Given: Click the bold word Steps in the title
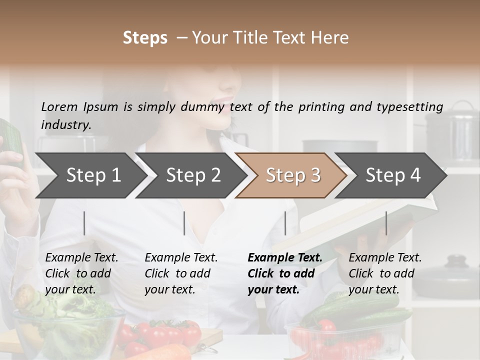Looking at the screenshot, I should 145,38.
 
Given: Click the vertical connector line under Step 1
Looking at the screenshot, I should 84,223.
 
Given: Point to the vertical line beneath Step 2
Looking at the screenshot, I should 184,223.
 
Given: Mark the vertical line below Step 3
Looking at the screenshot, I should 285,223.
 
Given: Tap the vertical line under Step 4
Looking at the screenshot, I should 386,223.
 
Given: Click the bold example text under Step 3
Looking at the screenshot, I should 284,273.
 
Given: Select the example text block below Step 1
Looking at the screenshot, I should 81,273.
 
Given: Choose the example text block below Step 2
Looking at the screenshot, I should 181,273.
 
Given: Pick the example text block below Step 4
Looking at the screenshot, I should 384,273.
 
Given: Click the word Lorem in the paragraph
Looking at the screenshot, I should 59,106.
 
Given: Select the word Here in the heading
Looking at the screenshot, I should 329,38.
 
